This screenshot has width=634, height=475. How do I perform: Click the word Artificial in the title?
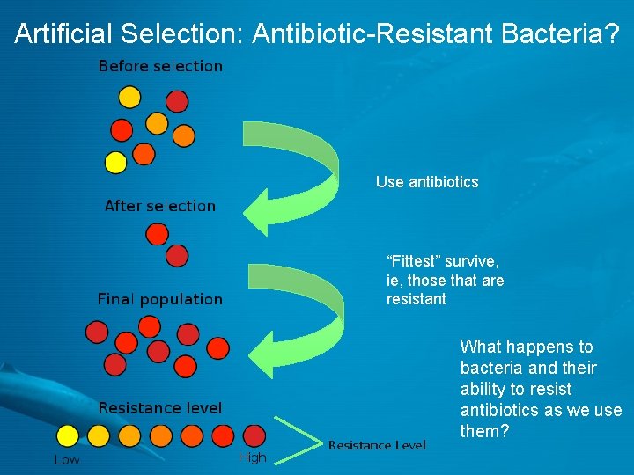tap(64, 33)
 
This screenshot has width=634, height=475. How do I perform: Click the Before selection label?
tap(160, 66)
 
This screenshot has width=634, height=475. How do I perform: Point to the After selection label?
tap(159, 206)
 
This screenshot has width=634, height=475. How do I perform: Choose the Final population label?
tap(159, 299)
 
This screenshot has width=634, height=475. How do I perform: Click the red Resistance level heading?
tap(159, 408)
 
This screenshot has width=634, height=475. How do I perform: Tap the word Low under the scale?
tap(67, 459)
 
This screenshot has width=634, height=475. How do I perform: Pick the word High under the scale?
tap(252, 457)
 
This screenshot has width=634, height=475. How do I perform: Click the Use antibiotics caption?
tap(427, 182)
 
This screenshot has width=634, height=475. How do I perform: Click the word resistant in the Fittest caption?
tap(416, 300)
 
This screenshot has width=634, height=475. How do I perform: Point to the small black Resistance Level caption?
tap(376, 445)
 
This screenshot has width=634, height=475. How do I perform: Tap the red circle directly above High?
tap(254, 435)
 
